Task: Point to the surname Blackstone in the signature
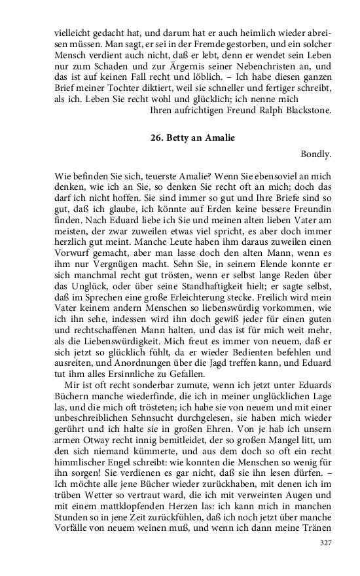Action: tap(304, 111)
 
